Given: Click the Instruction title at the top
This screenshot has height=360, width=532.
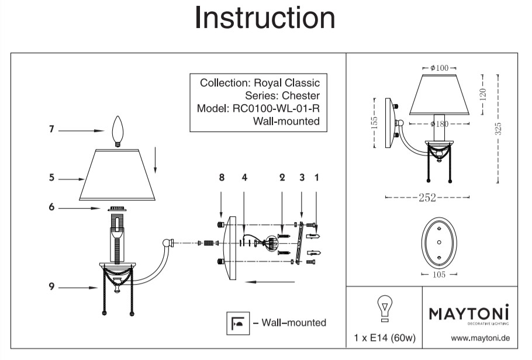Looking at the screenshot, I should coord(265,18).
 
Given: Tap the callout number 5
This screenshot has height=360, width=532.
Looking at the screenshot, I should coord(51,178).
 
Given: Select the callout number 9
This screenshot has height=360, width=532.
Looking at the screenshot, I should coord(51,286).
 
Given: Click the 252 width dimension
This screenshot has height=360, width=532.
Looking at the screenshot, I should coord(427,198).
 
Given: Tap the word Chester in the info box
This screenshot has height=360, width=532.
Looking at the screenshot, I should coord(301,96).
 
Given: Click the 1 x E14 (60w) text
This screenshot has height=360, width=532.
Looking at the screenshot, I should coord(384,338).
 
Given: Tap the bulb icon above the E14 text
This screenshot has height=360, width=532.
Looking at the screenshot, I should coord(384,308).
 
